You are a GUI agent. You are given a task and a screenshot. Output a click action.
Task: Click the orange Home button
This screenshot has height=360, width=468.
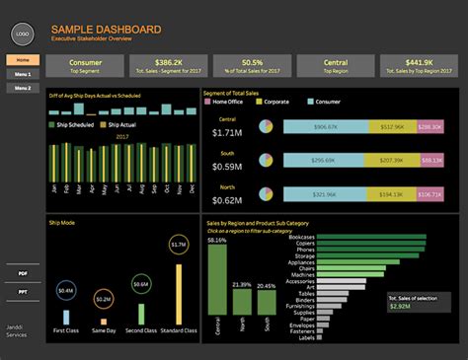[23, 60]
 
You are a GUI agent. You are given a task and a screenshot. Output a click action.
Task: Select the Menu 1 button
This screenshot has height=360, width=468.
[23, 74]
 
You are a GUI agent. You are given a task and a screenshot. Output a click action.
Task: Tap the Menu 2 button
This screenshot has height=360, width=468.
[23, 89]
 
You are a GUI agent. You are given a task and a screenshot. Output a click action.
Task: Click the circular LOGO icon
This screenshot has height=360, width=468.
[23, 34]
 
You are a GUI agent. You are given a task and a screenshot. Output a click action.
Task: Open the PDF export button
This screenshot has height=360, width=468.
[23, 271]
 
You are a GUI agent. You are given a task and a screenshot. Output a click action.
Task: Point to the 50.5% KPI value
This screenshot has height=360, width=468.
[251, 60]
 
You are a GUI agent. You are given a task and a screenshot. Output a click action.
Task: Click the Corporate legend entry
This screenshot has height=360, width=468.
[277, 103]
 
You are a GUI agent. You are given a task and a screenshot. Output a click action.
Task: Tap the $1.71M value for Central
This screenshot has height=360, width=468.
[227, 132]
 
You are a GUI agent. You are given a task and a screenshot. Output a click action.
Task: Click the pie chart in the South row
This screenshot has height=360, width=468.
[267, 160]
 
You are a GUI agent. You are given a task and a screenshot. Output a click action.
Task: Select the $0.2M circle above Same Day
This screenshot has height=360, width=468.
[102, 298]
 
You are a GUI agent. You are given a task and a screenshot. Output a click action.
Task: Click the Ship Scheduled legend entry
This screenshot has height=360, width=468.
[74, 124]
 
